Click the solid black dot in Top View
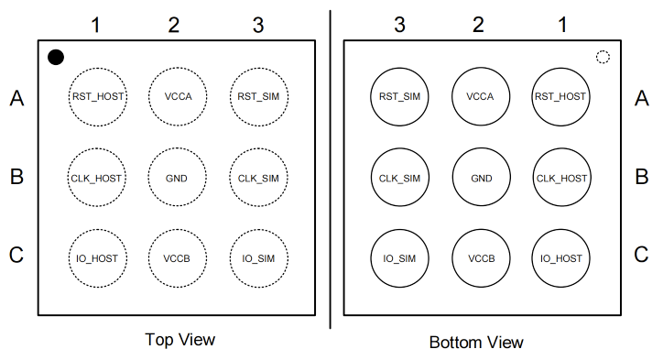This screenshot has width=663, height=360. (x=56, y=57)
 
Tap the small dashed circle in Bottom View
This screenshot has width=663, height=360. (x=603, y=57)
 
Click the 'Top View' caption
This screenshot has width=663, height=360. (x=180, y=340)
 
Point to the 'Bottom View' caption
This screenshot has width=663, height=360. (x=476, y=343)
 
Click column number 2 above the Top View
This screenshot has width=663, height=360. (x=174, y=25)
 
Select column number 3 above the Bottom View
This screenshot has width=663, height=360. (x=399, y=25)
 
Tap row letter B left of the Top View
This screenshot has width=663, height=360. (x=16, y=177)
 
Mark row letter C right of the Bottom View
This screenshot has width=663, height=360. (x=641, y=255)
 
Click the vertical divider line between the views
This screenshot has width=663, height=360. (x=331, y=169)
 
